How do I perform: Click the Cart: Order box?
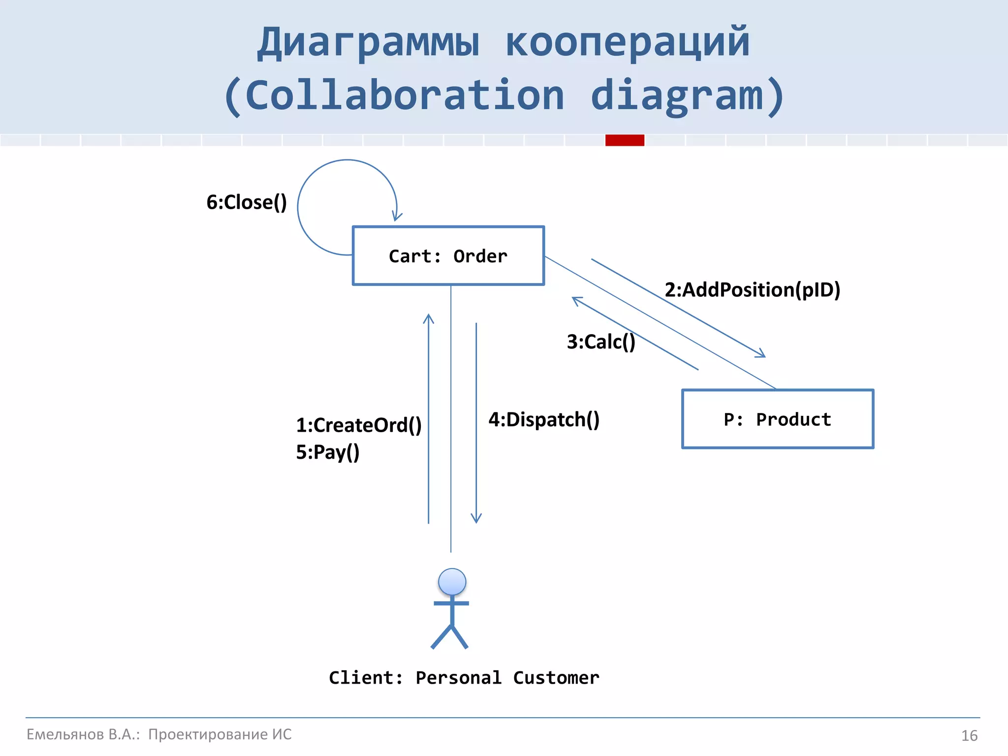[448, 256]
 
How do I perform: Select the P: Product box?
[778, 419]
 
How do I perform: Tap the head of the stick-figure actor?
[452, 582]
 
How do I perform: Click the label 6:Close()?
[247, 202]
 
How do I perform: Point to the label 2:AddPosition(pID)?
[753, 290]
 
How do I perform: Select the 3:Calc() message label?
[601, 342]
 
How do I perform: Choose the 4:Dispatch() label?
[544, 420]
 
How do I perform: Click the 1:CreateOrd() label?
[359, 425]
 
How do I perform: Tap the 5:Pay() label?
[328, 452]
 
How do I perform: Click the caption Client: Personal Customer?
[464, 678]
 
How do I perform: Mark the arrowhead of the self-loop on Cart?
[396, 217]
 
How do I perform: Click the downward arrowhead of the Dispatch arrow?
[476, 519]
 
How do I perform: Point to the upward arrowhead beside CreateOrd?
[429, 318]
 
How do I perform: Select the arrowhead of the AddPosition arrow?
[761, 354]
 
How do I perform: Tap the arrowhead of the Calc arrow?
[576, 300]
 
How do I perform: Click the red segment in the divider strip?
[625, 140]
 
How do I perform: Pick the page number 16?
[969, 736]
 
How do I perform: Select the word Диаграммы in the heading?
[368, 43]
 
